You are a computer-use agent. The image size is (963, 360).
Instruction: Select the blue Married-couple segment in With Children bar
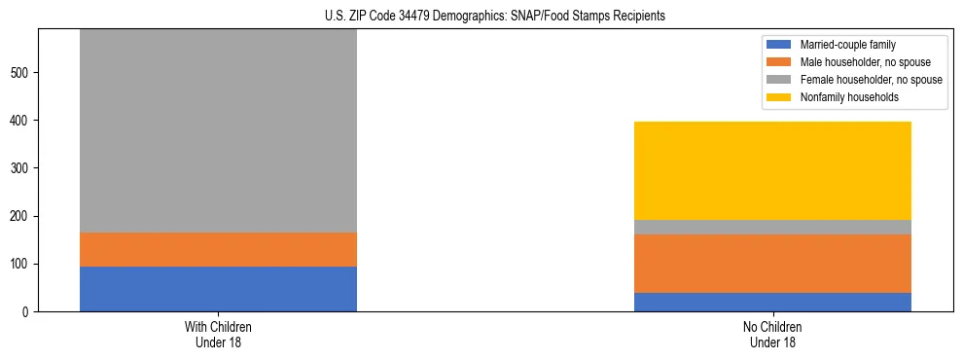[x=218, y=289]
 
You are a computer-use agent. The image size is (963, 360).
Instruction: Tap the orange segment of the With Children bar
[x=218, y=249]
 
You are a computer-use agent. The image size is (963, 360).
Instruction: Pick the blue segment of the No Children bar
[x=772, y=302]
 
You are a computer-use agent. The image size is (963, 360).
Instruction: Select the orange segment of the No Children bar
[x=772, y=264]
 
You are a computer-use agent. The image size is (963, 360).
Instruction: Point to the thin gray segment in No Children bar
[x=772, y=227]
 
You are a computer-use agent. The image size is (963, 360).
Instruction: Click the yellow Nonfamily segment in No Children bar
[x=772, y=170]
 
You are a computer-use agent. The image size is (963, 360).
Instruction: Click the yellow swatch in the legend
[x=779, y=97]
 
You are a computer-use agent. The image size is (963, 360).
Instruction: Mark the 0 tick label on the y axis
[x=28, y=312]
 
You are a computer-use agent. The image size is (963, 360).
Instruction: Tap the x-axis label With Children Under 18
[x=218, y=334]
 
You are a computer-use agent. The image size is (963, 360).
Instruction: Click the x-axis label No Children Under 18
[x=772, y=334]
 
